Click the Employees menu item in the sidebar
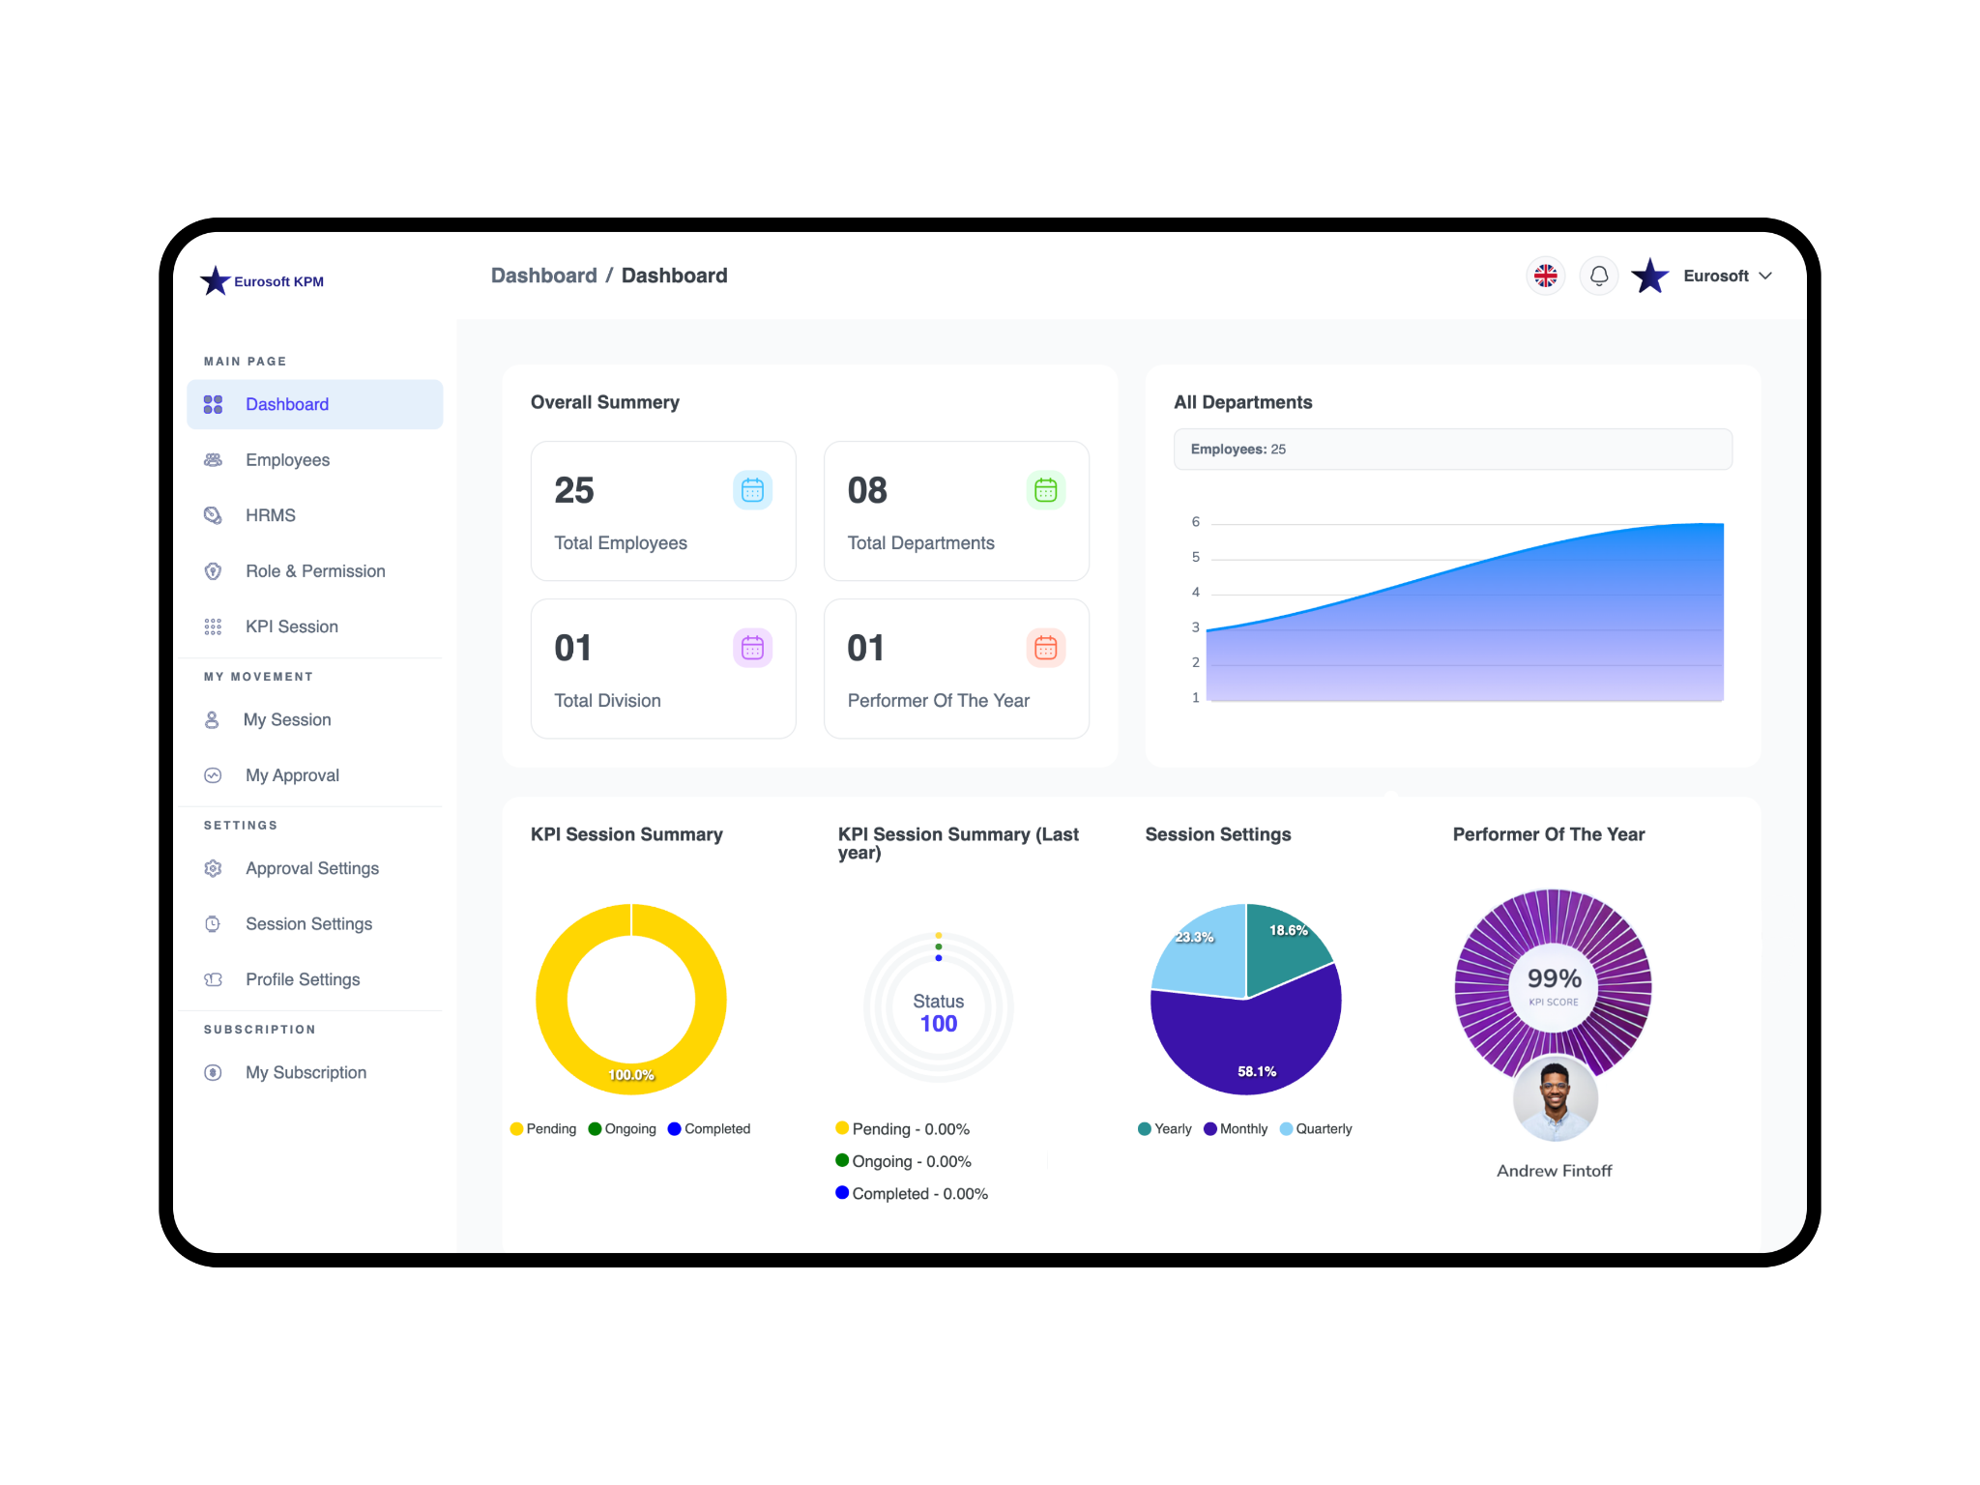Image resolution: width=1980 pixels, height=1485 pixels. (x=287, y=460)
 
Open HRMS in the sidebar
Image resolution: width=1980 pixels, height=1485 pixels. (x=270, y=515)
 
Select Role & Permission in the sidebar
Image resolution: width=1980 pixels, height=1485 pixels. (x=314, y=571)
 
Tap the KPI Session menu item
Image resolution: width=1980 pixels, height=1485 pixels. (x=291, y=626)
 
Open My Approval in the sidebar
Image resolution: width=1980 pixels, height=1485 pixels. (x=292, y=775)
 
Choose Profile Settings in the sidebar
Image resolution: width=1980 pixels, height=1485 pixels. (x=302, y=979)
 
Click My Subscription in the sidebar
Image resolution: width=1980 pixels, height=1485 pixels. (x=306, y=1072)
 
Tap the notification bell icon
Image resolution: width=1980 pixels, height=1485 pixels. (x=1599, y=276)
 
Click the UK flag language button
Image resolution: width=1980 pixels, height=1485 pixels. (x=1546, y=276)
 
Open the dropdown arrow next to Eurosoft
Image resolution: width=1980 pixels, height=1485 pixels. (x=1766, y=276)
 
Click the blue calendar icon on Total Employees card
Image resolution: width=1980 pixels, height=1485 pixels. (x=752, y=490)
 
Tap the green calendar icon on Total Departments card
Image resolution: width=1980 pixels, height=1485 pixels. (x=1045, y=490)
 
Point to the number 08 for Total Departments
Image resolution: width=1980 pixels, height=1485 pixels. (x=867, y=491)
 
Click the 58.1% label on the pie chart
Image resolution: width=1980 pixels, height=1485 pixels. (x=1257, y=1071)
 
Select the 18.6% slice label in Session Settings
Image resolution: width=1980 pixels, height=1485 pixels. (x=1288, y=930)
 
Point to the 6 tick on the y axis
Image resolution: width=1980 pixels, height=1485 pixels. (x=1196, y=522)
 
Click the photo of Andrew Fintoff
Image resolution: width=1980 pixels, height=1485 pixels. (x=1555, y=1098)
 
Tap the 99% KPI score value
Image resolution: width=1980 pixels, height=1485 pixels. (x=1554, y=978)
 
